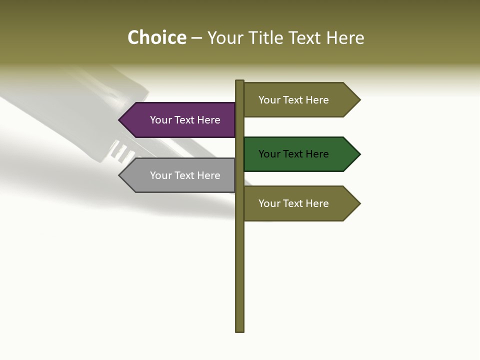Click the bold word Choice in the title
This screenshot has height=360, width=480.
tap(157, 38)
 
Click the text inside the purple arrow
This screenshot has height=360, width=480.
tap(185, 120)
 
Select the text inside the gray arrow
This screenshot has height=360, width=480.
tap(185, 175)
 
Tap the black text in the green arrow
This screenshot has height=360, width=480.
tap(293, 154)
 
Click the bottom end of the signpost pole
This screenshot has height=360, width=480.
tap(240, 329)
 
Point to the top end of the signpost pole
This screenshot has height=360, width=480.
tap(240, 82)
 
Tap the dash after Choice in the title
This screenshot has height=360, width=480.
tap(196, 38)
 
